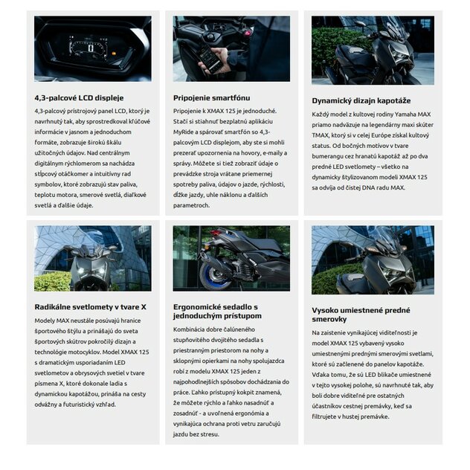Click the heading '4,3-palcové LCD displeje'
pyautogui.click(x=79, y=97)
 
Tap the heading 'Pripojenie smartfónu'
pyautogui.click(x=211, y=97)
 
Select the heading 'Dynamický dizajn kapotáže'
pyautogui.click(x=361, y=100)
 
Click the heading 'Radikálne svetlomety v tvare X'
pyautogui.click(x=90, y=306)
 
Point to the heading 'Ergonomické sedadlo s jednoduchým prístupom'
pyautogui.click(x=215, y=311)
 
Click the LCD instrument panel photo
pyautogui.click(x=92, y=48)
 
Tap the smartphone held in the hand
pyautogui.click(x=210, y=58)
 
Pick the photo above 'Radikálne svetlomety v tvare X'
pyautogui.click(x=92, y=258)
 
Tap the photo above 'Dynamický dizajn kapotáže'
pyautogui.click(x=373, y=50)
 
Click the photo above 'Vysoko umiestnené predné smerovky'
pyautogui.click(x=373, y=260)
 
